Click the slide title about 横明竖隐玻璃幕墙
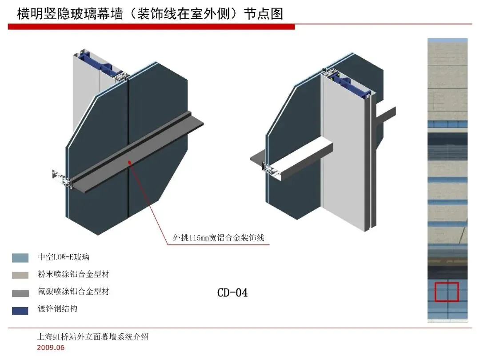[x=150, y=13]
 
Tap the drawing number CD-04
[x=232, y=292]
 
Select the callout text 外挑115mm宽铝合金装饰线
[x=219, y=238]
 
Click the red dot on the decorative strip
[x=129, y=163]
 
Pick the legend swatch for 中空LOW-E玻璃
[x=20, y=258]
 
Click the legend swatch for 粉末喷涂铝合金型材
[x=20, y=275]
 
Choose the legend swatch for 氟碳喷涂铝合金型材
[x=20, y=293]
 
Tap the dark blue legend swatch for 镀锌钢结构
[x=20, y=310]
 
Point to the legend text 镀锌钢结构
[x=57, y=308]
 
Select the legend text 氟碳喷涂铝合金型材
[x=73, y=292]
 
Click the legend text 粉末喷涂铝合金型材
[x=73, y=274]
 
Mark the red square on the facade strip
[x=447, y=292]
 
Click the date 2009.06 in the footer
[x=50, y=348]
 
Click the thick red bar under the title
[x=151, y=27]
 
